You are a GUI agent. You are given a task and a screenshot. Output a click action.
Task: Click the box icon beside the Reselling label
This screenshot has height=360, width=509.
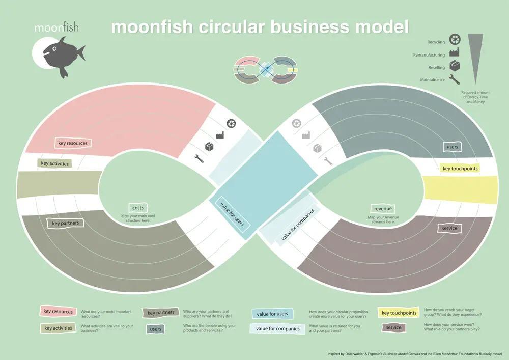[x=455, y=66]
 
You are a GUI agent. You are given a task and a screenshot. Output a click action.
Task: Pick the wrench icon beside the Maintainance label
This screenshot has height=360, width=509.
[x=455, y=79]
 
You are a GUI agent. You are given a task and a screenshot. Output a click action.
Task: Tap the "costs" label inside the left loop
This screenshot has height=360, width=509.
[x=138, y=208]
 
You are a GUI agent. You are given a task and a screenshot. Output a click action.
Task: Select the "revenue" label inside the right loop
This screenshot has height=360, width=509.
[x=382, y=209]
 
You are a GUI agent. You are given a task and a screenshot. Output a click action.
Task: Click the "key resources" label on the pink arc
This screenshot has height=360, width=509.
[x=73, y=143]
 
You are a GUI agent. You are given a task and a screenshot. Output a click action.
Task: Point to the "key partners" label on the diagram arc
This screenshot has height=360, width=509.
[x=65, y=223]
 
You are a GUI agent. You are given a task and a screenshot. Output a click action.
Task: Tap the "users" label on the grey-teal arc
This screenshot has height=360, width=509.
[x=452, y=147]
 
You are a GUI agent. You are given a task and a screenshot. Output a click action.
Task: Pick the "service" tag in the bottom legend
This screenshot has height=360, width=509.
[x=393, y=327]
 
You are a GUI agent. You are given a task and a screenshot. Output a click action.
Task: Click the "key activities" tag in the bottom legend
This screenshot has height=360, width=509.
[x=58, y=328]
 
